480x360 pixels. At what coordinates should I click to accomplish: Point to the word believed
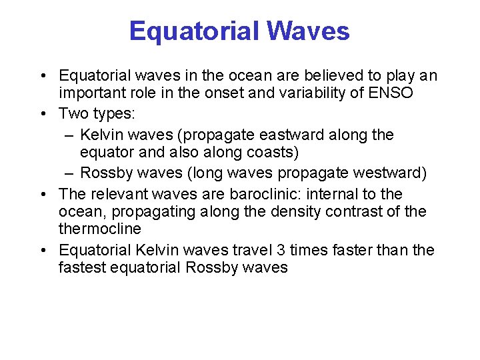click(x=310, y=75)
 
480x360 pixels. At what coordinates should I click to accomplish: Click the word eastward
click(x=301, y=135)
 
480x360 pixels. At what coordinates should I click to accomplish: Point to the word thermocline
click(x=100, y=229)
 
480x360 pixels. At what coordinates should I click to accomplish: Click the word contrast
click(x=377, y=211)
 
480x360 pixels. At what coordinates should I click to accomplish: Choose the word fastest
click(x=83, y=267)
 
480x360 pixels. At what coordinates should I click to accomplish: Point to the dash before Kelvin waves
click(x=69, y=135)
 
